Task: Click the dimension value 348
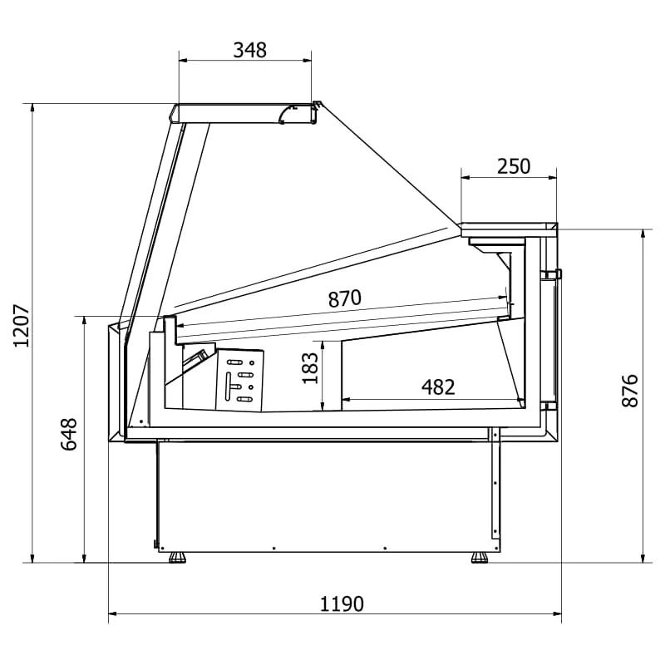coord(250,50)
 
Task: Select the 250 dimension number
coord(514,166)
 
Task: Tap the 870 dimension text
coord(345,298)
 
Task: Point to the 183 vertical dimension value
coord(310,368)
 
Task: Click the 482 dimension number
coord(438,387)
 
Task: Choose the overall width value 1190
coord(342,604)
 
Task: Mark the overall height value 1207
coord(22,326)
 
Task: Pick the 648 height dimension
coord(69,434)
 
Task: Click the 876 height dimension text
coord(630,391)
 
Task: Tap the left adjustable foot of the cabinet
coord(177,557)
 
